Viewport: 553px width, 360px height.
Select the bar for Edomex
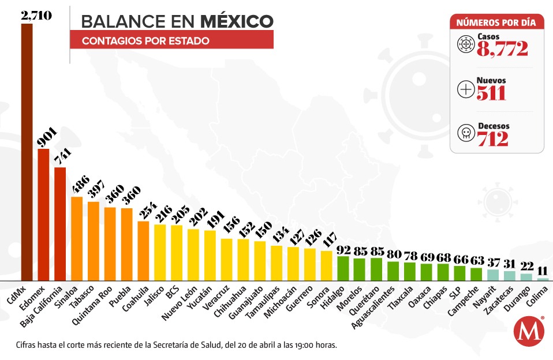[43, 214]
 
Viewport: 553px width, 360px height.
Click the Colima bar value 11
[543, 271]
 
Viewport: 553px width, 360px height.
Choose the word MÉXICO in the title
[237, 21]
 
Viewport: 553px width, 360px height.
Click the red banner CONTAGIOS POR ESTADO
[171, 40]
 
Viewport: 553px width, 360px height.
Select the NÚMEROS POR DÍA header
[496, 22]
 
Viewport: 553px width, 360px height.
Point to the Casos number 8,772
[502, 49]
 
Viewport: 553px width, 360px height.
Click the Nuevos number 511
[491, 93]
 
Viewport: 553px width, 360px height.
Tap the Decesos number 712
[492, 138]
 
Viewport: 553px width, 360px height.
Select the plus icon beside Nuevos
[465, 89]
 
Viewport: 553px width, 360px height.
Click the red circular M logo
[529, 332]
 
